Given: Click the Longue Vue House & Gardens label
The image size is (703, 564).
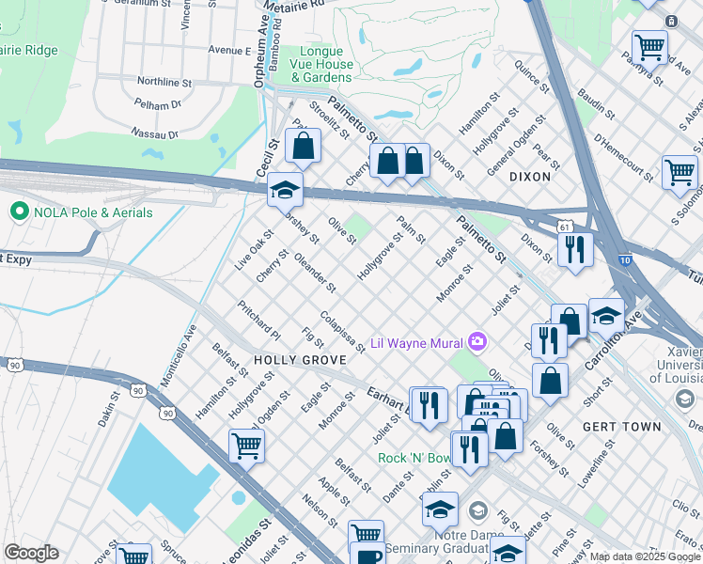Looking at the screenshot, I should click(x=327, y=65).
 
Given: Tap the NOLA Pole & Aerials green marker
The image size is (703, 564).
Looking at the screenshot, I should click(x=18, y=212).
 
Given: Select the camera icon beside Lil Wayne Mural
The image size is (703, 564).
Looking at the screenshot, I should click(x=477, y=341).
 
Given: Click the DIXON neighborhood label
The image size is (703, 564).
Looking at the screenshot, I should click(x=529, y=177).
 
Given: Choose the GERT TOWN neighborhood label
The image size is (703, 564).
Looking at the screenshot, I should click(x=621, y=426).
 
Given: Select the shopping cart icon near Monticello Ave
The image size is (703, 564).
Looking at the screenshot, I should click(x=246, y=446).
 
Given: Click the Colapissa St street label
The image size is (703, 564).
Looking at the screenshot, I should click(x=342, y=333).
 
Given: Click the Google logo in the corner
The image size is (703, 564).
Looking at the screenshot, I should click(x=31, y=553).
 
